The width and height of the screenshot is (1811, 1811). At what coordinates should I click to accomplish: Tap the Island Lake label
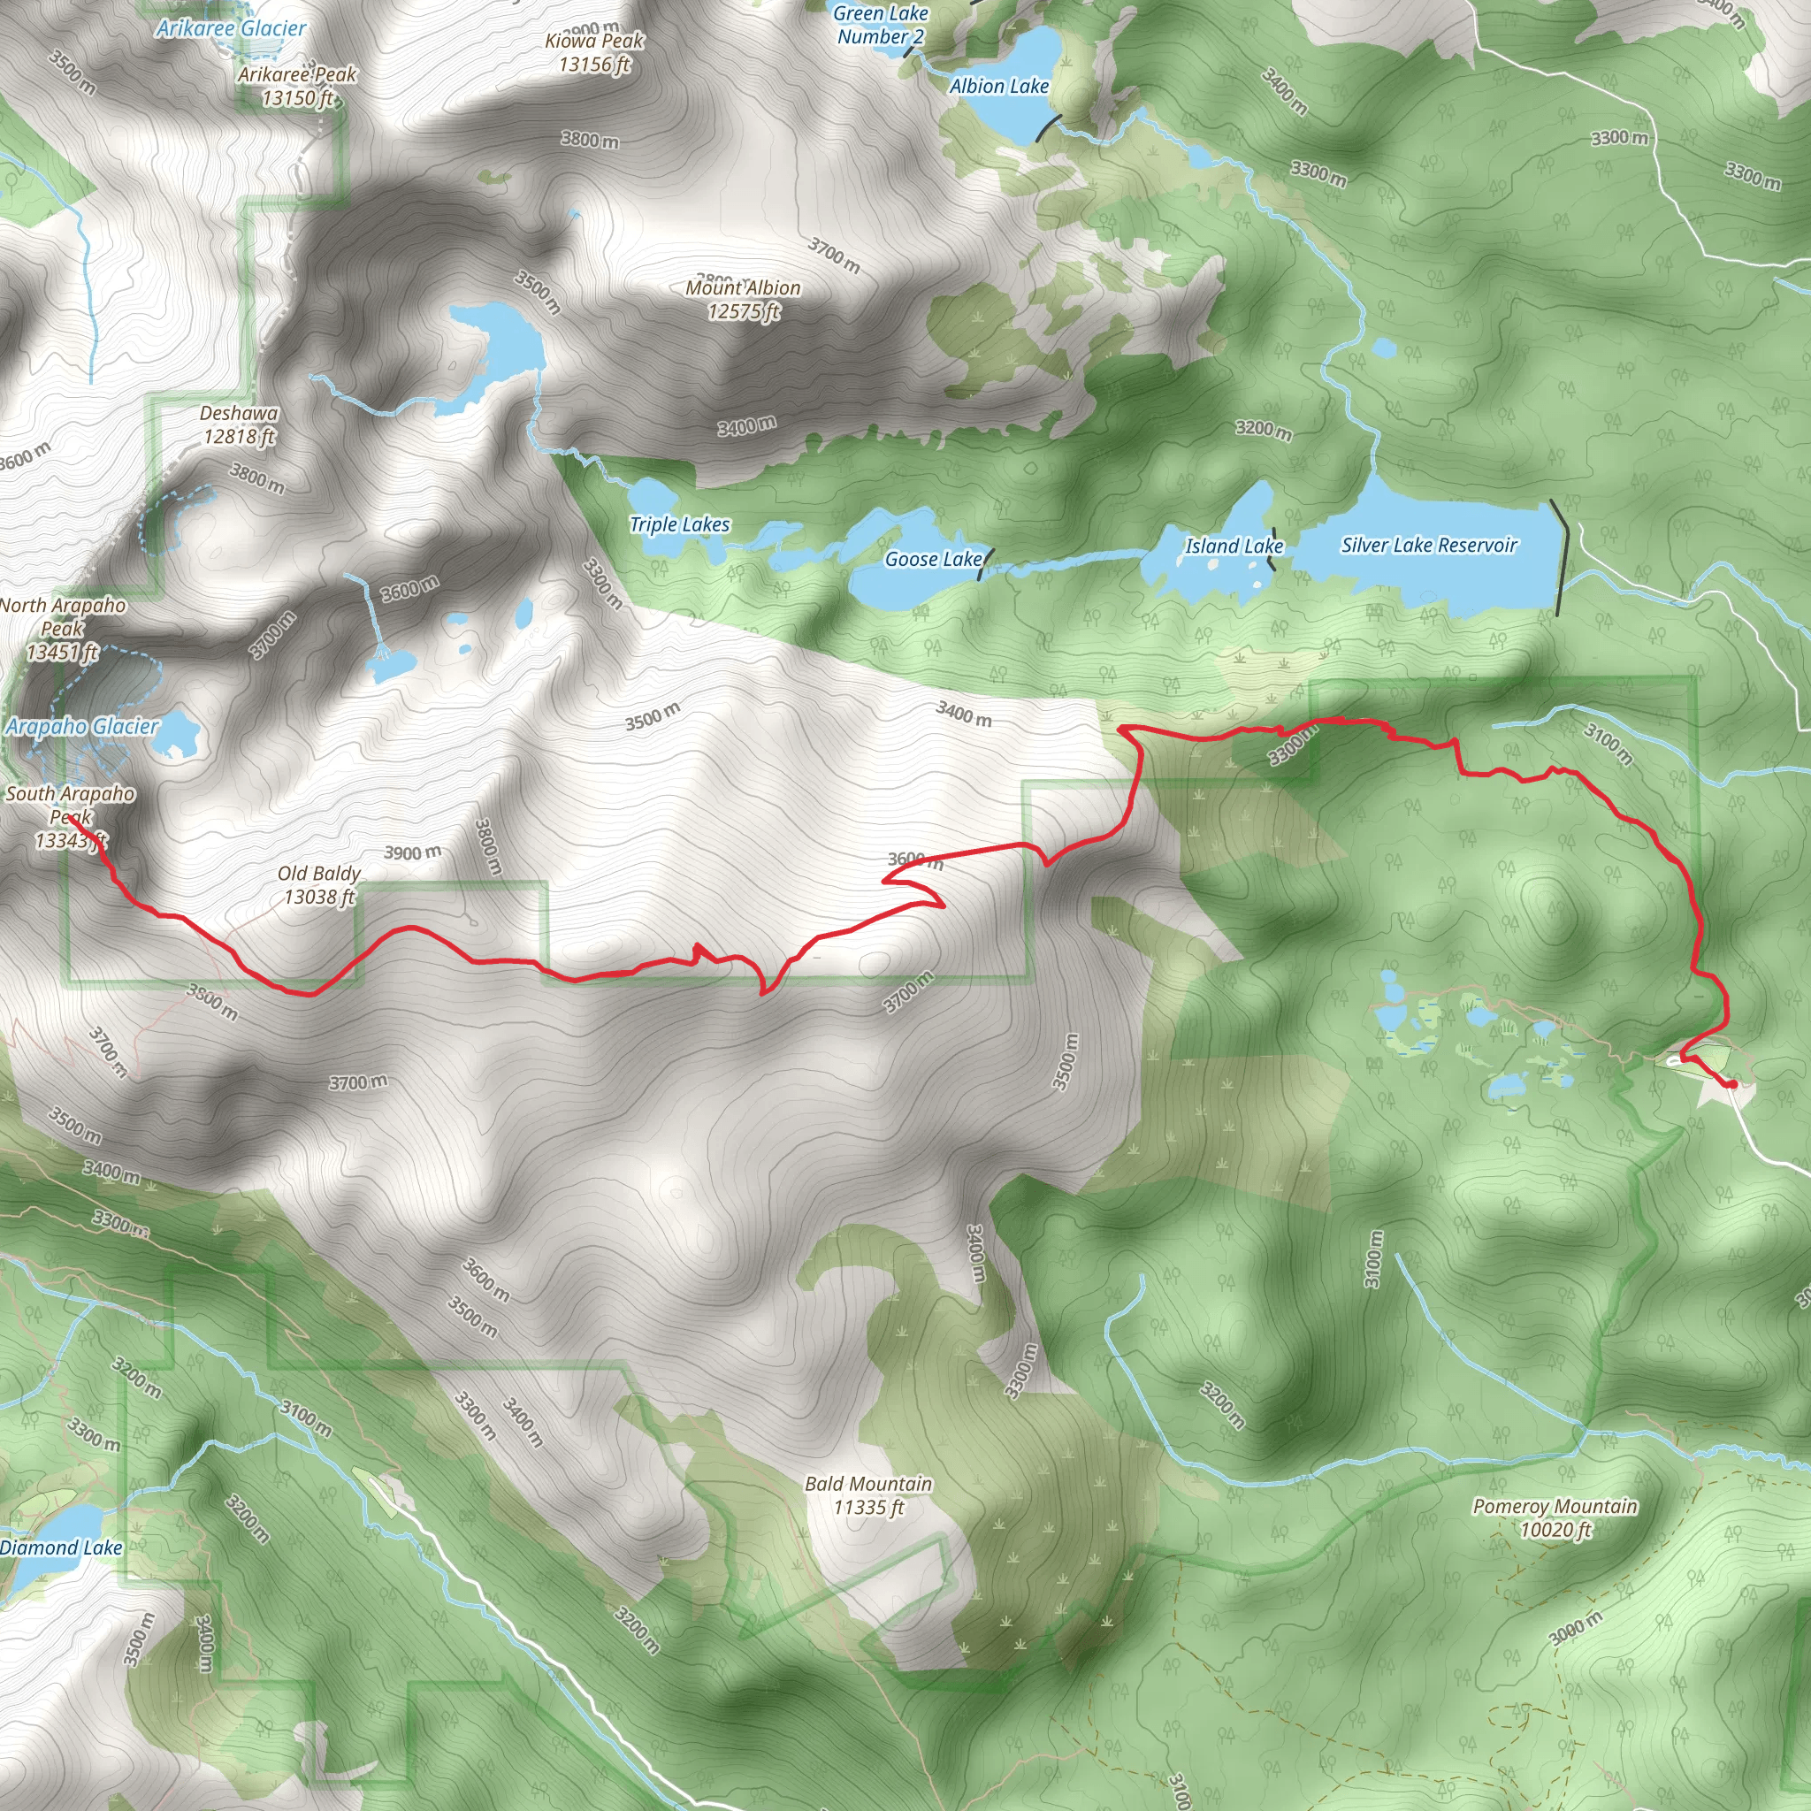1233,546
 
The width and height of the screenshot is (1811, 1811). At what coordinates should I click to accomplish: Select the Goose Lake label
933,560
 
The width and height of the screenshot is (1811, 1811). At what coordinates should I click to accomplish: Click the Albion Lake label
998,87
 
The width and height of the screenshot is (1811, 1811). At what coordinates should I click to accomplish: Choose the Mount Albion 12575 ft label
744,300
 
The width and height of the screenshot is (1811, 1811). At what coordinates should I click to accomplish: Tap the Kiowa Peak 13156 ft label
594,52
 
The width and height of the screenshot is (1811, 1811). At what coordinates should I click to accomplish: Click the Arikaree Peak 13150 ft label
297,87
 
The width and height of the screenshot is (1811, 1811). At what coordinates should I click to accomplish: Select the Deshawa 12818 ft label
239,424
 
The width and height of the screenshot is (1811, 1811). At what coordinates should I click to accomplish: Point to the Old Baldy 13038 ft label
319,885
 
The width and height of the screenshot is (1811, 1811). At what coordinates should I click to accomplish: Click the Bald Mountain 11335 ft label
868,1495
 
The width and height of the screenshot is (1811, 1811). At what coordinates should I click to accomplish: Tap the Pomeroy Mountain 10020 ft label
1555,1517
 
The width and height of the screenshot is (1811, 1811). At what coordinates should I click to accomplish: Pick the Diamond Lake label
61,1547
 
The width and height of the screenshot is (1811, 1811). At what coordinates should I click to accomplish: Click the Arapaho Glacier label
81,727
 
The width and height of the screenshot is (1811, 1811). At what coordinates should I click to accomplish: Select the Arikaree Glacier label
231,28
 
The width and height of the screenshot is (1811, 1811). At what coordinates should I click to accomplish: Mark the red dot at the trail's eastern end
1732,1083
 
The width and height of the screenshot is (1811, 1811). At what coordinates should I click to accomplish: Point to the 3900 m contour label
412,852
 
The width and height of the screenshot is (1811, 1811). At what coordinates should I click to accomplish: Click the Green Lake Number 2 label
880,26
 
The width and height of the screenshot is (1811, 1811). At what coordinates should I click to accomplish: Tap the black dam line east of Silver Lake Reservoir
1561,558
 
